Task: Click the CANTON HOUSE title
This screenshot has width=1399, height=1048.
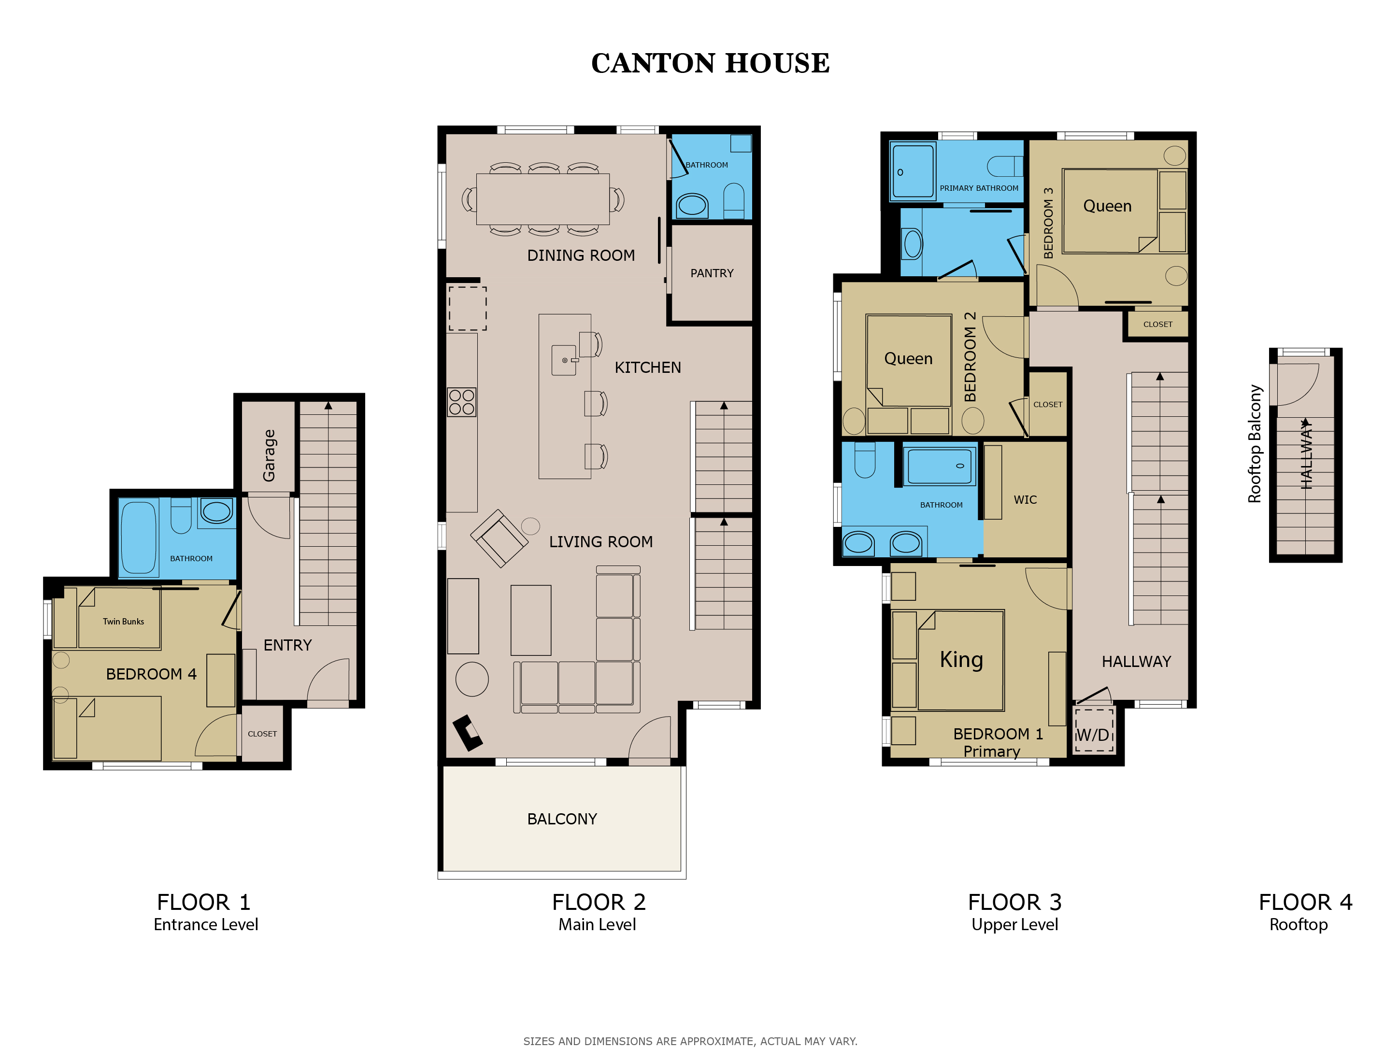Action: coord(710,63)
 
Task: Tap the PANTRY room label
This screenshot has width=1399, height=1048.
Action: coord(712,273)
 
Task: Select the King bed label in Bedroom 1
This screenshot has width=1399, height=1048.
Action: coord(961,659)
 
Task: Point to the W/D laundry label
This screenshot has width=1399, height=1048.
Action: coord(1092,735)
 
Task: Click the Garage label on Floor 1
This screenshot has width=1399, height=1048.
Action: coord(269,455)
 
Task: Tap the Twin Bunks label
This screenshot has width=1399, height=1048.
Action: coord(123,621)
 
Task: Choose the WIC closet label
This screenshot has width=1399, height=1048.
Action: coord(1025,500)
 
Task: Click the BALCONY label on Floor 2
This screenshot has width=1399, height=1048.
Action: coord(562,819)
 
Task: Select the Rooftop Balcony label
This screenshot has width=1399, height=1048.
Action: coord(1254,443)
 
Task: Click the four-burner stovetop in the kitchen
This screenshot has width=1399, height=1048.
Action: coord(462,402)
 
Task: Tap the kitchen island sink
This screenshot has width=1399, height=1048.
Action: coord(564,360)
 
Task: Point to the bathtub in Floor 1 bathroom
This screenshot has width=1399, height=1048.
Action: coord(139,538)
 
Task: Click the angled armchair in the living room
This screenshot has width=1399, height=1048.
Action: coord(499,538)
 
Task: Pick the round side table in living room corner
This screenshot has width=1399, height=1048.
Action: coord(472,680)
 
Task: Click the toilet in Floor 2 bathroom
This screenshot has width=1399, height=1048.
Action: coord(734,200)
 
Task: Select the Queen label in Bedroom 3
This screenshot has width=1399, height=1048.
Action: coord(1107,206)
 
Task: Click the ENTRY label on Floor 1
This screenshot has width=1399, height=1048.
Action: coord(288,645)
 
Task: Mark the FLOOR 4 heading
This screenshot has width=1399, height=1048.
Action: coord(1305,902)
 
